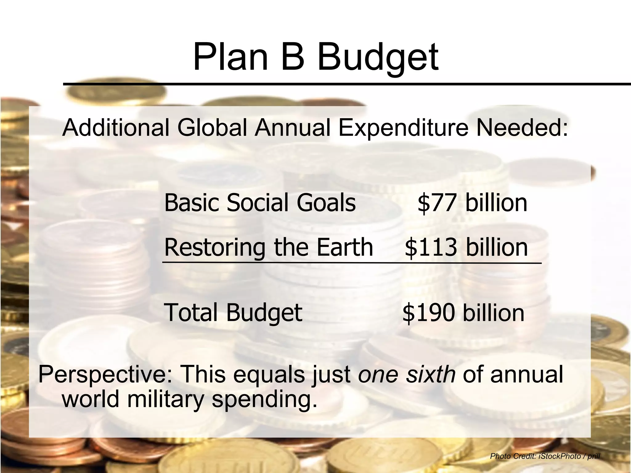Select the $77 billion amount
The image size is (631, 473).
pyautogui.click(x=472, y=203)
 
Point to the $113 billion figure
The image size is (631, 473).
pyautogui.click(x=466, y=248)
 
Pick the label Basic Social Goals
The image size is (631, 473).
pyautogui.click(x=260, y=203)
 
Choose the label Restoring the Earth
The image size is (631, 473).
pyautogui.click(x=269, y=247)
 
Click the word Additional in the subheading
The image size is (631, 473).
pyautogui.click(x=116, y=127)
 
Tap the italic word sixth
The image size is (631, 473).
pyautogui.click(x=431, y=374)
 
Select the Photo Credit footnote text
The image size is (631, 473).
pyautogui.click(x=545, y=456)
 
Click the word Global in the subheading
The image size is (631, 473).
pyautogui.click(x=212, y=127)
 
